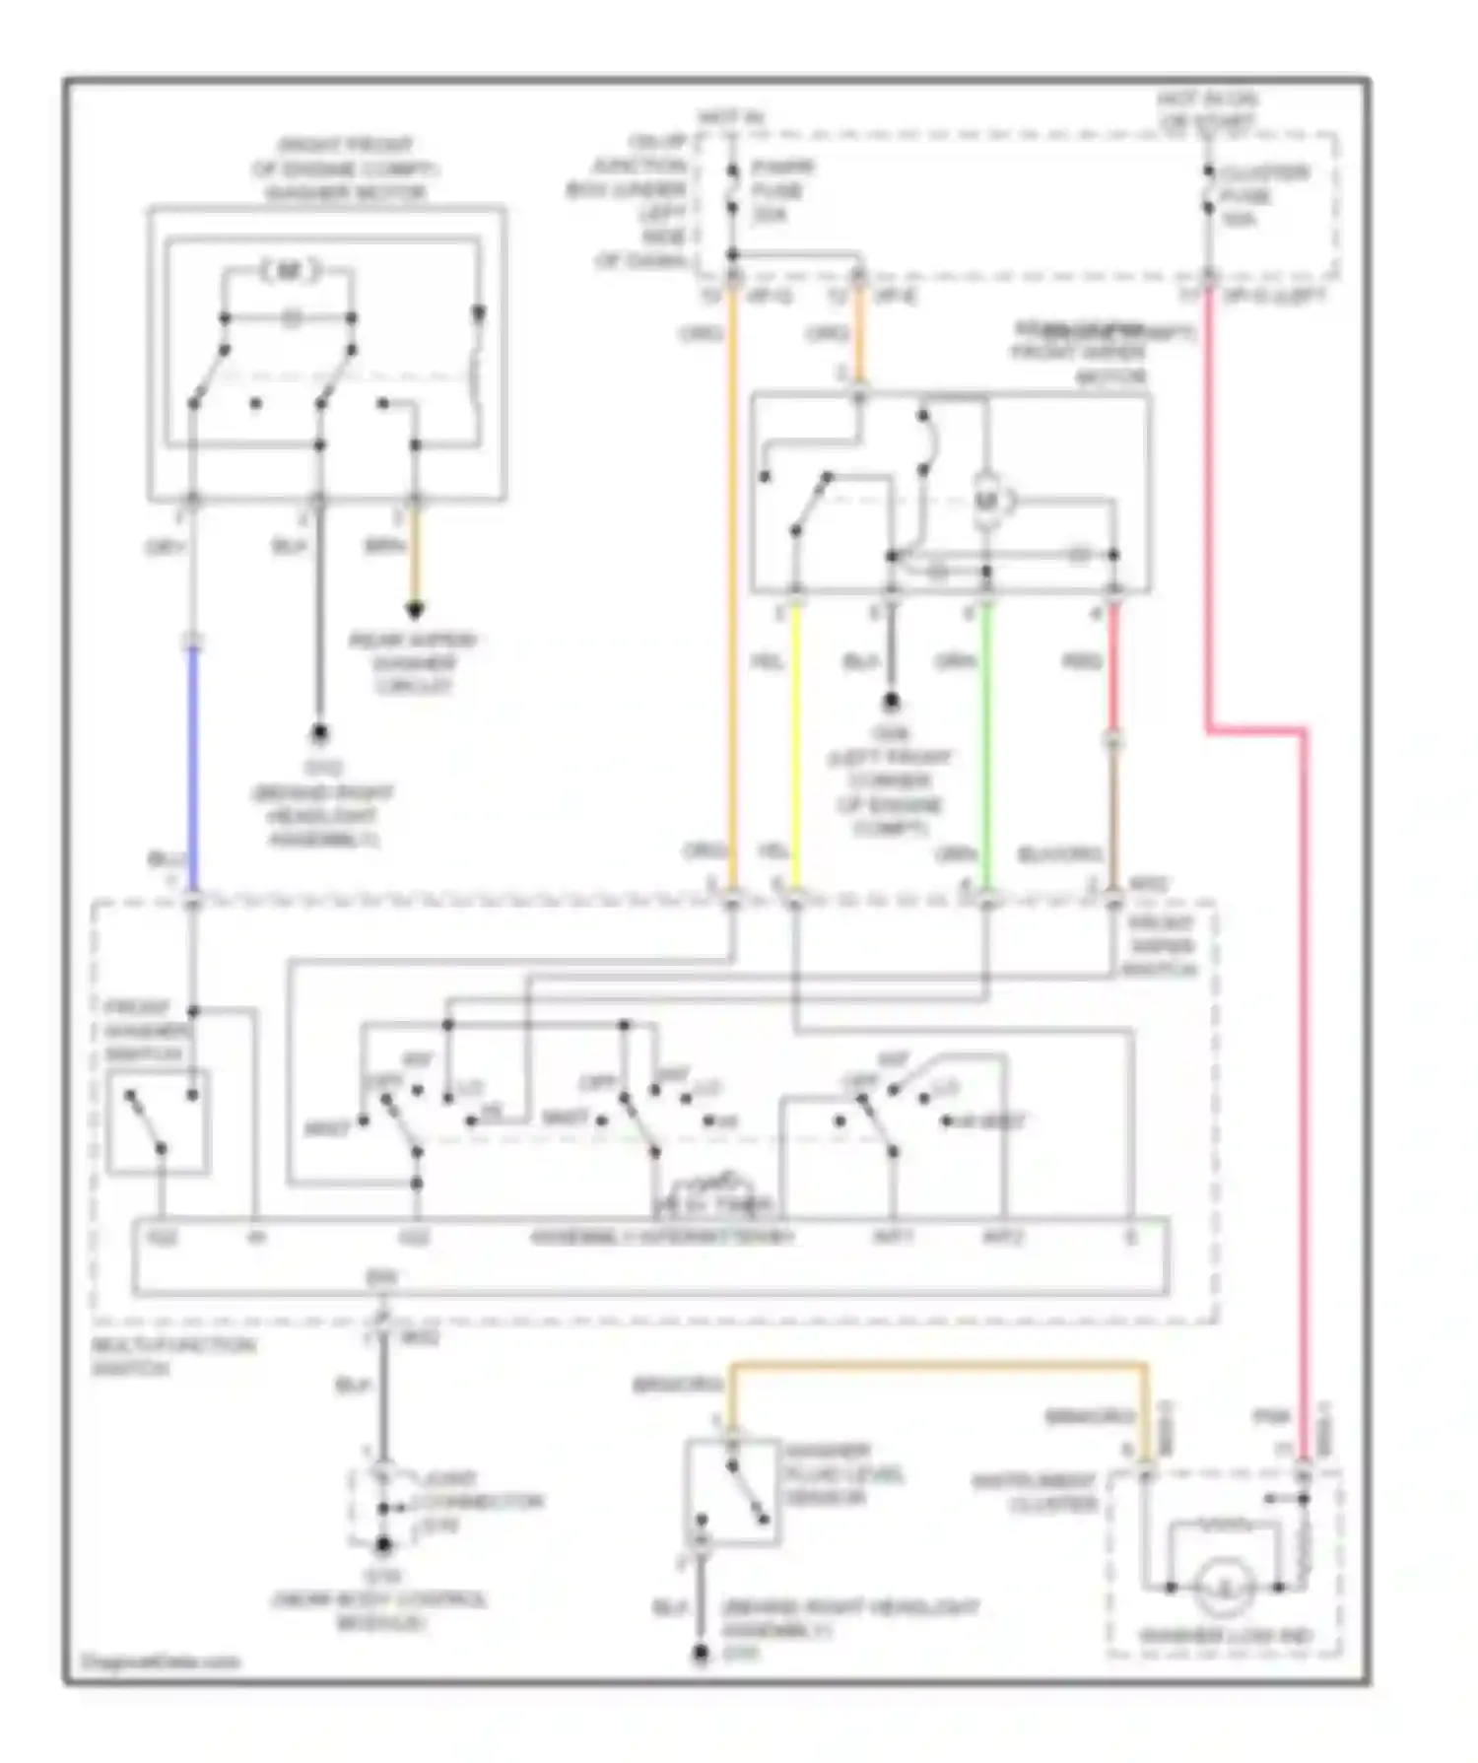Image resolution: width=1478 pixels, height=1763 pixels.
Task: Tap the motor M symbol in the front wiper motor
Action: tap(986, 503)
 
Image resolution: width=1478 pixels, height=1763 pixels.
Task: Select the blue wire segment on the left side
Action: tap(193, 769)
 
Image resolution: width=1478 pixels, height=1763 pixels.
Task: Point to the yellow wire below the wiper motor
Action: tap(796, 749)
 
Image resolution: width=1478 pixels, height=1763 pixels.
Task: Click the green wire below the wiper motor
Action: tap(986, 749)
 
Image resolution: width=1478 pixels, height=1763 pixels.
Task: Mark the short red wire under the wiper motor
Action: tap(1113, 670)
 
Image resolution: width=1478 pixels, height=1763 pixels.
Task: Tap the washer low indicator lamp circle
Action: tap(1224, 1587)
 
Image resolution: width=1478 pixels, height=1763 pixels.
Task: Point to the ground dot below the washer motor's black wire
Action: tap(319, 734)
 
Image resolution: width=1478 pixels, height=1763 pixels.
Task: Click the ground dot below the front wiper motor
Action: tap(891, 702)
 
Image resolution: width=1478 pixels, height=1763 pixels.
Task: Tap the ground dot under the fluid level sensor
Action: tap(700, 1654)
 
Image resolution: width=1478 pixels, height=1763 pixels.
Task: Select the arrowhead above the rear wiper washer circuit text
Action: tap(415, 611)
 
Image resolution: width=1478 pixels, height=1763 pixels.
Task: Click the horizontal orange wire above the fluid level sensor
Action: tap(936, 1367)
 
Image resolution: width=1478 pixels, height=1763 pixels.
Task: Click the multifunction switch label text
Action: tap(172, 1357)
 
